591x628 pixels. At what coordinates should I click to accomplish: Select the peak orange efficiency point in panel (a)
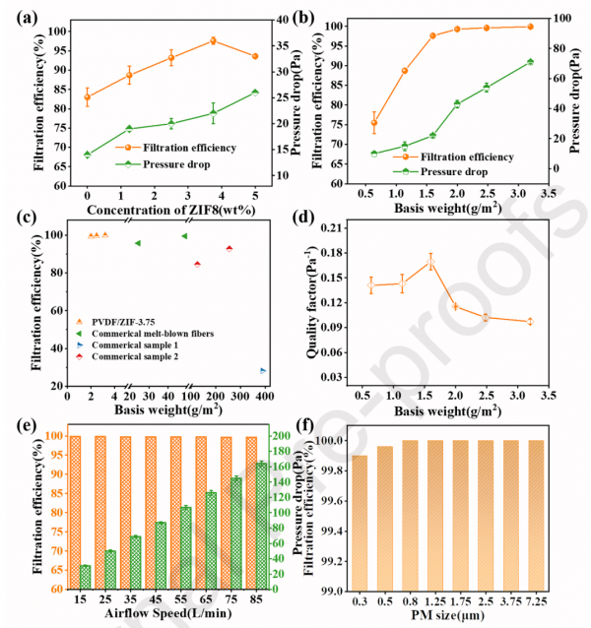click(213, 41)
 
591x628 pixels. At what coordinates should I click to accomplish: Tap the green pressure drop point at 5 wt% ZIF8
click(255, 93)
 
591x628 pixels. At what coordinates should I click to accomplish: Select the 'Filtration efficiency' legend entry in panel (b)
click(465, 157)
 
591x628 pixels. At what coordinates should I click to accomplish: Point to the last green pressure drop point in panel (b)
click(530, 62)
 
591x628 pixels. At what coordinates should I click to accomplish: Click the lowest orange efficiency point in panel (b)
click(373, 123)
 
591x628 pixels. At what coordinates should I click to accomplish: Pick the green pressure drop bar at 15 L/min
click(85, 577)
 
